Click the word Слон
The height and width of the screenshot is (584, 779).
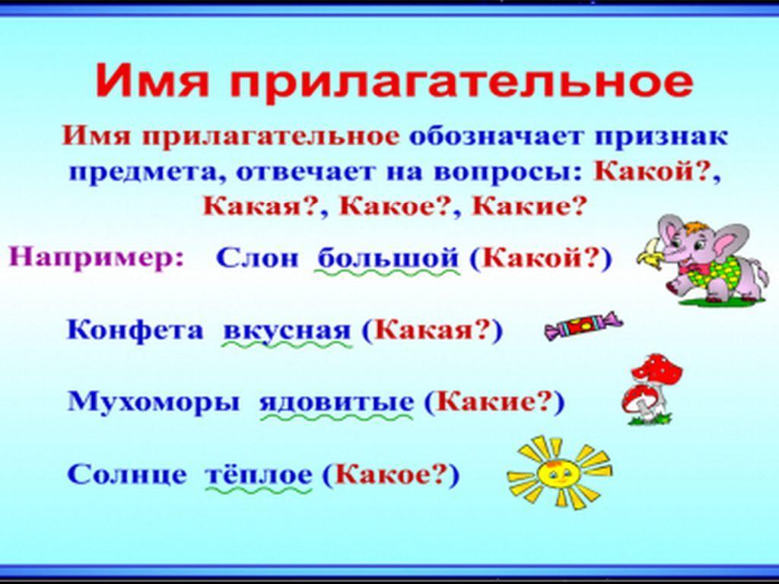pos(257,259)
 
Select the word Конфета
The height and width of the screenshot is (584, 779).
pos(135,330)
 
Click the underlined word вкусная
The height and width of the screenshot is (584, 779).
pos(287,331)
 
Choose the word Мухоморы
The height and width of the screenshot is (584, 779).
pos(153,401)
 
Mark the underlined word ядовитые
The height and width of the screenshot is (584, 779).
pos(336,401)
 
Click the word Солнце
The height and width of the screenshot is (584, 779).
pos(127,474)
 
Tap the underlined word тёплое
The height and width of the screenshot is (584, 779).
pos(259,474)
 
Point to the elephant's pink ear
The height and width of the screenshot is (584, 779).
pos(728,243)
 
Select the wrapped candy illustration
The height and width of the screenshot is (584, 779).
pos(582,325)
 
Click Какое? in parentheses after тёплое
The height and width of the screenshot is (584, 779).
pos(390,474)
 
